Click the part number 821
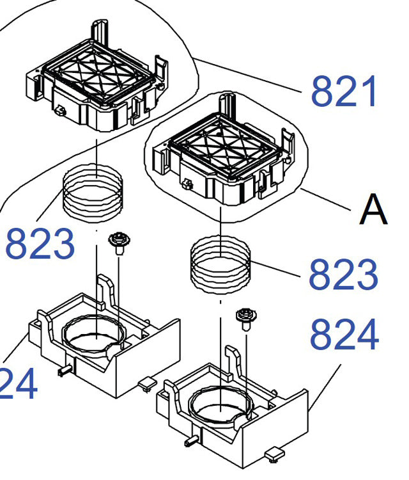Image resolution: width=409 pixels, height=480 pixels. (344, 92)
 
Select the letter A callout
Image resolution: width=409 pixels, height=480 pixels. (373, 210)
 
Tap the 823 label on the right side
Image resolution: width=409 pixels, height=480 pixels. (343, 275)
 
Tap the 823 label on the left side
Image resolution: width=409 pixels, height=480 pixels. (40, 244)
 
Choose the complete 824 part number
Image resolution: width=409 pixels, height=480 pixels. (344, 335)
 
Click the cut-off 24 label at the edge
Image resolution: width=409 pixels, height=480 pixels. (18, 385)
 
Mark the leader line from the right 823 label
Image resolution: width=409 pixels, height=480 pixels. (275, 269)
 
